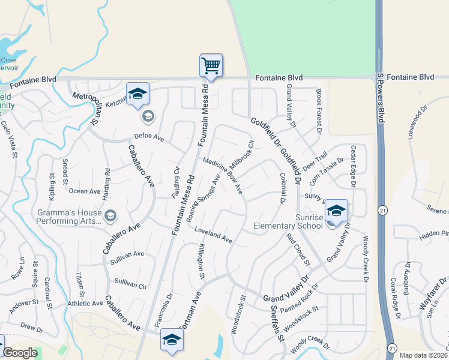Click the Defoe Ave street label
pyautogui.click(x=149, y=137)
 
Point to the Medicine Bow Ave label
pyautogui.click(x=223, y=176)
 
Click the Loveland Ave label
pyautogui.click(x=213, y=235)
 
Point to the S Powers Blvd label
pyautogui.click(x=381, y=98)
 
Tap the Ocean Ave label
pyautogui.click(x=85, y=191)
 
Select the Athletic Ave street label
pyautogui.click(x=85, y=303)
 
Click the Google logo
pyautogui.click(x=20, y=353)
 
